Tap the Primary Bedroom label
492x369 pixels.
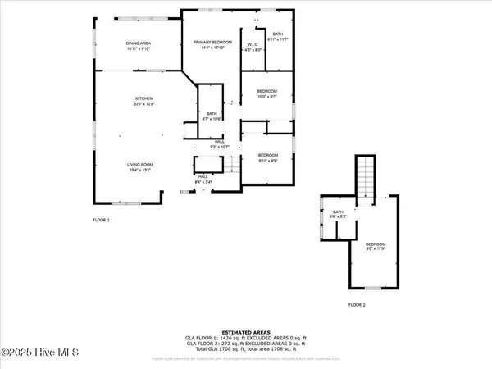click(209, 44)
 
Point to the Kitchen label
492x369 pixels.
click(144, 102)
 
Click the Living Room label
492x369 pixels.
click(140, 168)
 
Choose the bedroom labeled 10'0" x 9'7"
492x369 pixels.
click(267, 93)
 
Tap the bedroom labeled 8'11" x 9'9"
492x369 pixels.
click(268, 157)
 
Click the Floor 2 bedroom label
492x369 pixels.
click(376, 247)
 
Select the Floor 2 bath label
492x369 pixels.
click(337, 215)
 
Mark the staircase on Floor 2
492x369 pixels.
click(365, 174)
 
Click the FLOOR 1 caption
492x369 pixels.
click(101, 221)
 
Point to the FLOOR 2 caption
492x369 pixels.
click(358, 304)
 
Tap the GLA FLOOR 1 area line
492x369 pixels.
click(246, 337)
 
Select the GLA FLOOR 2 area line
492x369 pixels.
click(246, 343)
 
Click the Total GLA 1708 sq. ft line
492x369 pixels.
click(246, 348)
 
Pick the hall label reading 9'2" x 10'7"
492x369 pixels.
click(220, 144)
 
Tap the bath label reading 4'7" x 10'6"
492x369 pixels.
click(212, 116)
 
